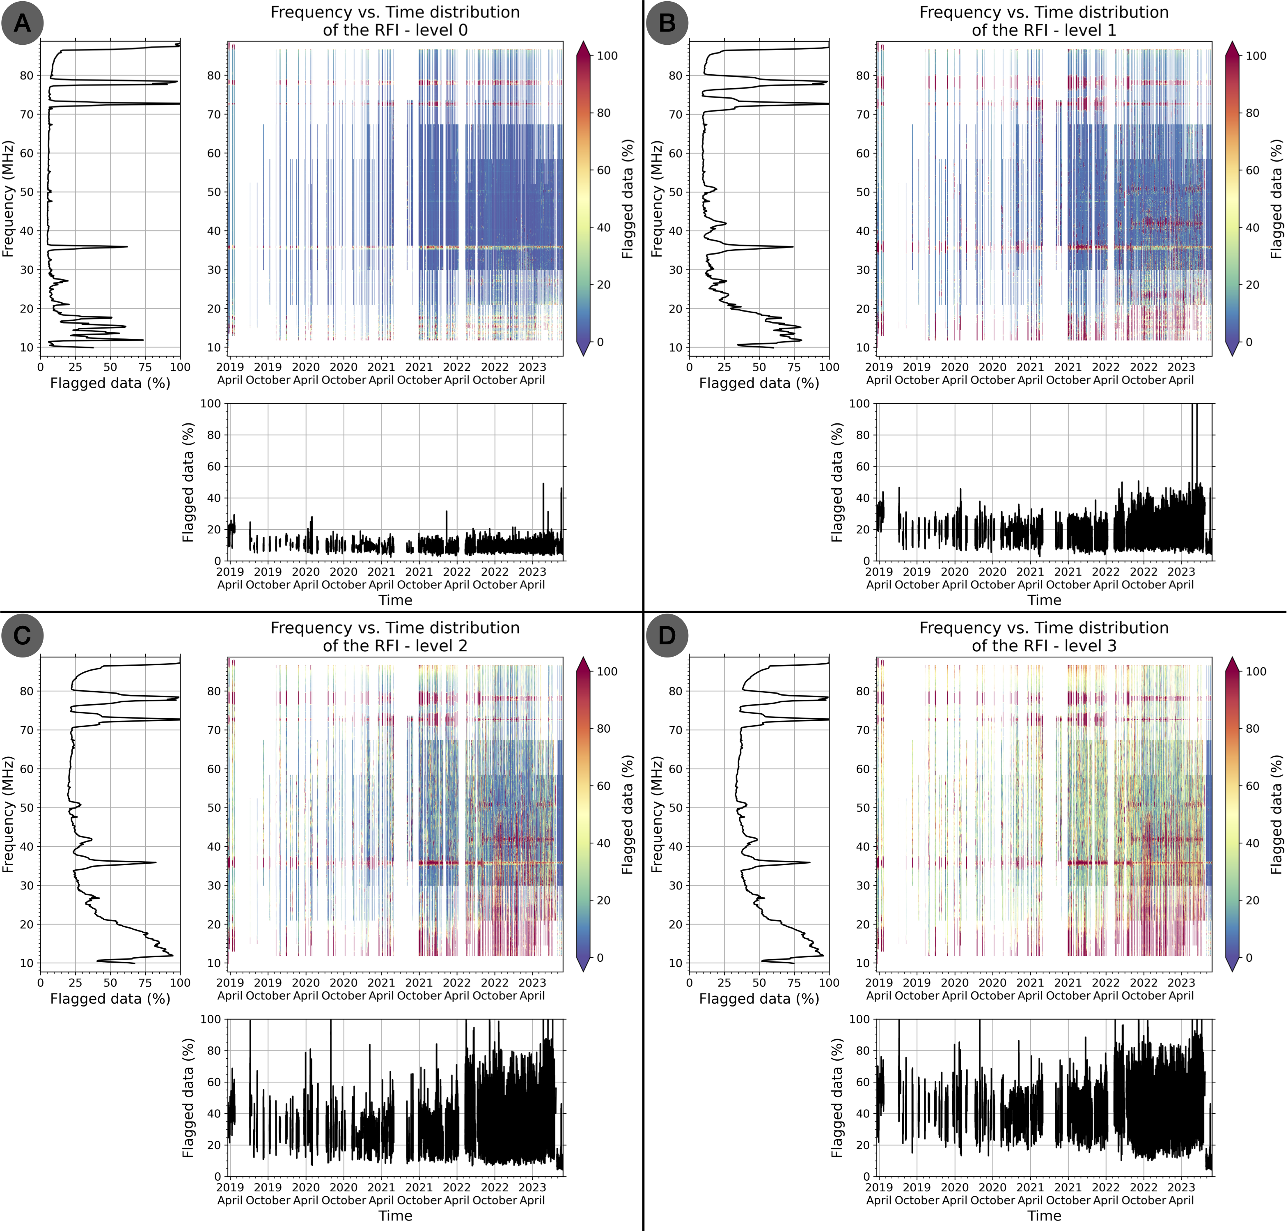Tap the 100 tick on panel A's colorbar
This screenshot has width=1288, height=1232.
click(607, 56)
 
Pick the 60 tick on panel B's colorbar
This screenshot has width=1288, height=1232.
click(1253, 170)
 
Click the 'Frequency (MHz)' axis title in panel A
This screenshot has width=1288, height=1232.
click(8, 198)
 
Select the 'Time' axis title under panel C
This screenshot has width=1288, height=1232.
click(395, 1216)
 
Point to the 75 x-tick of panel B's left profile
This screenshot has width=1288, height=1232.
click(794, 367)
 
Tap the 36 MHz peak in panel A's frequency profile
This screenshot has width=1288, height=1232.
click(126, 247)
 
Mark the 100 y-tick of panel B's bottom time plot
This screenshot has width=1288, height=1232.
click(859, 403)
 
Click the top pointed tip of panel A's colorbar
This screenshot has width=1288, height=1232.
click(584, 42)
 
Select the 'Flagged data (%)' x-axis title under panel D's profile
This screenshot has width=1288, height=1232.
click(759, 999)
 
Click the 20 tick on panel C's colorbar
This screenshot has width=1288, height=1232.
click(604, 900)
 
